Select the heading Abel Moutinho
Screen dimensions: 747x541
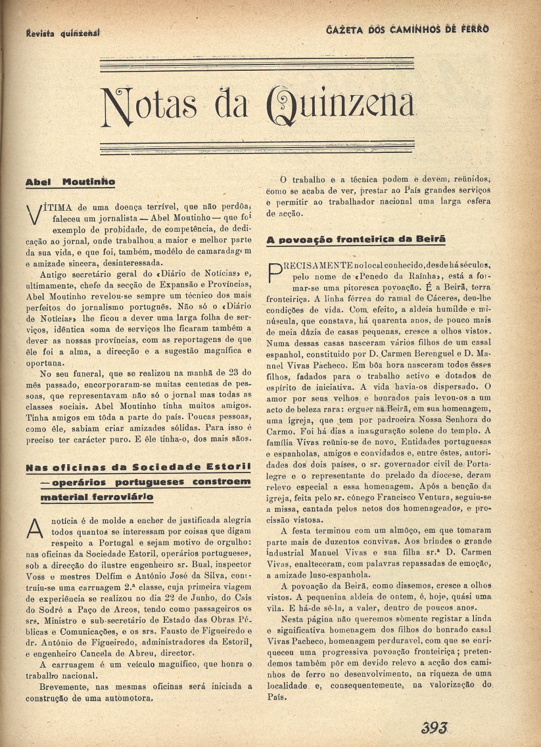70,182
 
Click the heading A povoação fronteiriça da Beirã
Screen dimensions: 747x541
356,239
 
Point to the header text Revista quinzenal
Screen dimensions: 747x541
63,33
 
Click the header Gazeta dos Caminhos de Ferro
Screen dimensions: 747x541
407,29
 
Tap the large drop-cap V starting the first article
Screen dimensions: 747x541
34,214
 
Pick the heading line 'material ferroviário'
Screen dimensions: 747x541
97,497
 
